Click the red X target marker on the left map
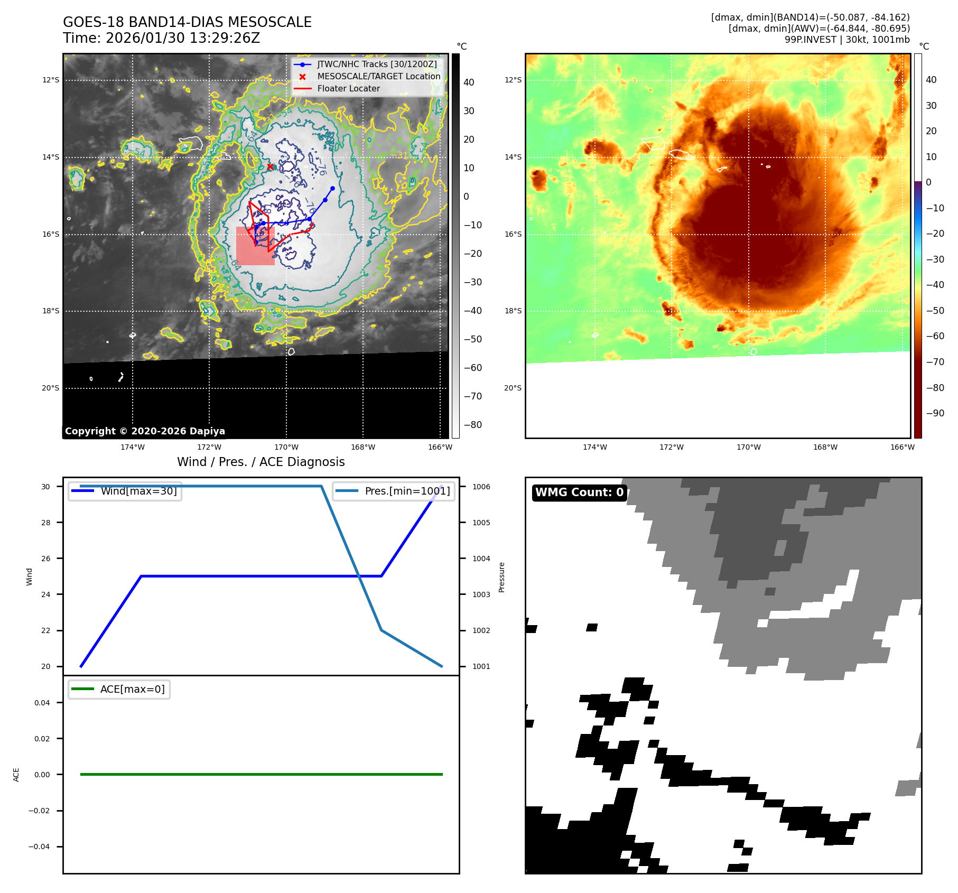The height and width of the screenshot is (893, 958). (270, 166)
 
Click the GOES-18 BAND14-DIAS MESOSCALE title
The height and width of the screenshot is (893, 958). (187, 22)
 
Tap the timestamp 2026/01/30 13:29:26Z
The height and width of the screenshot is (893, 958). (182, 38)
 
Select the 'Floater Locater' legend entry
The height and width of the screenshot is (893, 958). (348, 89)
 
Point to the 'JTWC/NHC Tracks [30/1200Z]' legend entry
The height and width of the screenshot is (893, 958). (377, 64)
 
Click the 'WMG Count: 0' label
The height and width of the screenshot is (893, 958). (579, 492)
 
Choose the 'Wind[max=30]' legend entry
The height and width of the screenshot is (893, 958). (138, 491)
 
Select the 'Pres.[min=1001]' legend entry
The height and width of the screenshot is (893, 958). (407, 491)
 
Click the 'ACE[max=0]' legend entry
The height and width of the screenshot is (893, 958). (132, 689)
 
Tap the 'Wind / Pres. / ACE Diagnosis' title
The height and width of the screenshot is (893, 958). (261, 462)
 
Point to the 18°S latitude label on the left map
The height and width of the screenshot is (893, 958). (51, 311)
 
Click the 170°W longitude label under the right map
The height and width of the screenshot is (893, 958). (748, 447)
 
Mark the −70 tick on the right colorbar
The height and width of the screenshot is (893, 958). (935, 362)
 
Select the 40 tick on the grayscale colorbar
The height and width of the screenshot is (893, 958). (469, 82)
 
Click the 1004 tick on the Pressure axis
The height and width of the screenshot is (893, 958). (481, 559)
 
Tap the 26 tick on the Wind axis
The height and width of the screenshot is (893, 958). (46, 559)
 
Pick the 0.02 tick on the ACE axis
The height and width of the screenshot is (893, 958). (42, 739)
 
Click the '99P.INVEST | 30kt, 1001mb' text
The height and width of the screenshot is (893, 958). (847, 40)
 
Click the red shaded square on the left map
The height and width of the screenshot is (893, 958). (255, 246)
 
